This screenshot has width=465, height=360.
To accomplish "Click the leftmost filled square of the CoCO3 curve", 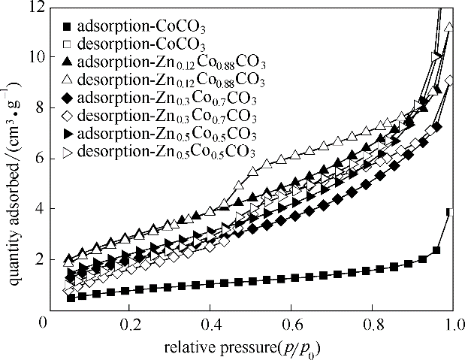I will pyautogui.click(x=71, y=298).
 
